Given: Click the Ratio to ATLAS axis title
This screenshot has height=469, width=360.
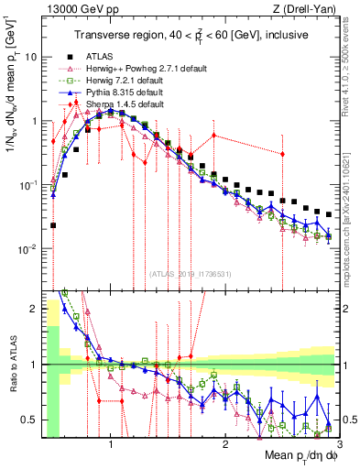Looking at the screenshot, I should click(12, 364).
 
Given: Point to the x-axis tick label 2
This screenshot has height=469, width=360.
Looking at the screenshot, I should click(220, 445).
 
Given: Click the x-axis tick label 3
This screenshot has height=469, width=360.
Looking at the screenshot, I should click(328, 445).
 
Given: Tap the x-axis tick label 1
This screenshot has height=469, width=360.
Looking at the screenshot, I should click(112, 445).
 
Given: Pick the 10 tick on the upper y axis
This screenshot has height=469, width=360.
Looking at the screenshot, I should click(32, 57).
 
